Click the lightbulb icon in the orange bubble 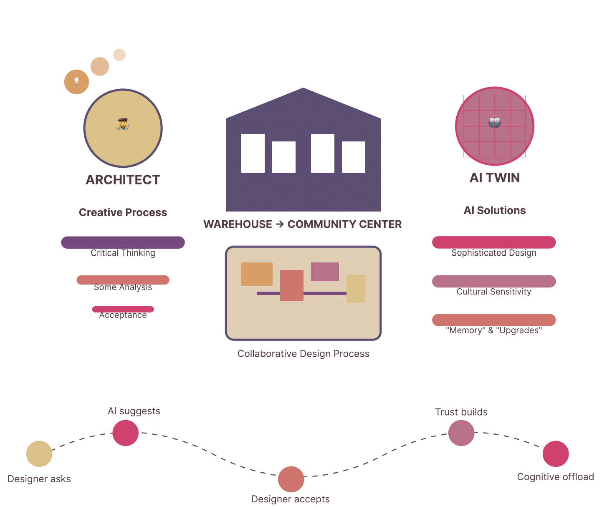click(76, 81)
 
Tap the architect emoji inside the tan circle click(123, 124)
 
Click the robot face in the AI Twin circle click(494, 121)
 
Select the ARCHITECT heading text click(123, 180)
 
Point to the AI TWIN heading click(495, 178)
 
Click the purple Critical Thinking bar click(123, 242)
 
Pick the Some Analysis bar click(123, 280)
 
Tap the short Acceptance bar click(123, 309)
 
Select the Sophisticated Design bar click(494, 242)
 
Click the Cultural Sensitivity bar click(494, 281)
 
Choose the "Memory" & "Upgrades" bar click(494, 320)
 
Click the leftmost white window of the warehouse click(253, 153)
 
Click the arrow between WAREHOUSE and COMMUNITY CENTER click(280, 224)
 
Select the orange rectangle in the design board click(257, 274)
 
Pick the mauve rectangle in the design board click(325, 272)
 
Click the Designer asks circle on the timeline click(39, 454)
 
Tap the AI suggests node click(125, 433)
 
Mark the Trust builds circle click(461, 433)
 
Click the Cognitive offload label click(555, 477)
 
